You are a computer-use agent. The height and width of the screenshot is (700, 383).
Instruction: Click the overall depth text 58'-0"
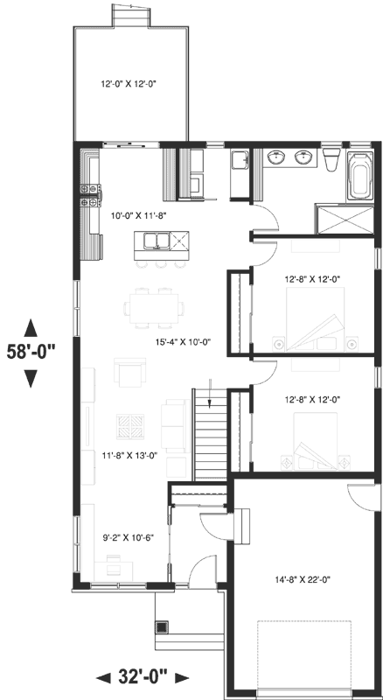32,353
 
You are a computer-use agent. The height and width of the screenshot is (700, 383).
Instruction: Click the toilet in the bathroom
331,161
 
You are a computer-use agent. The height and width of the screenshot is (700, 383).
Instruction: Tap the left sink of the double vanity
278,157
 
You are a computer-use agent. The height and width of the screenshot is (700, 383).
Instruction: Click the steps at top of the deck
129,16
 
